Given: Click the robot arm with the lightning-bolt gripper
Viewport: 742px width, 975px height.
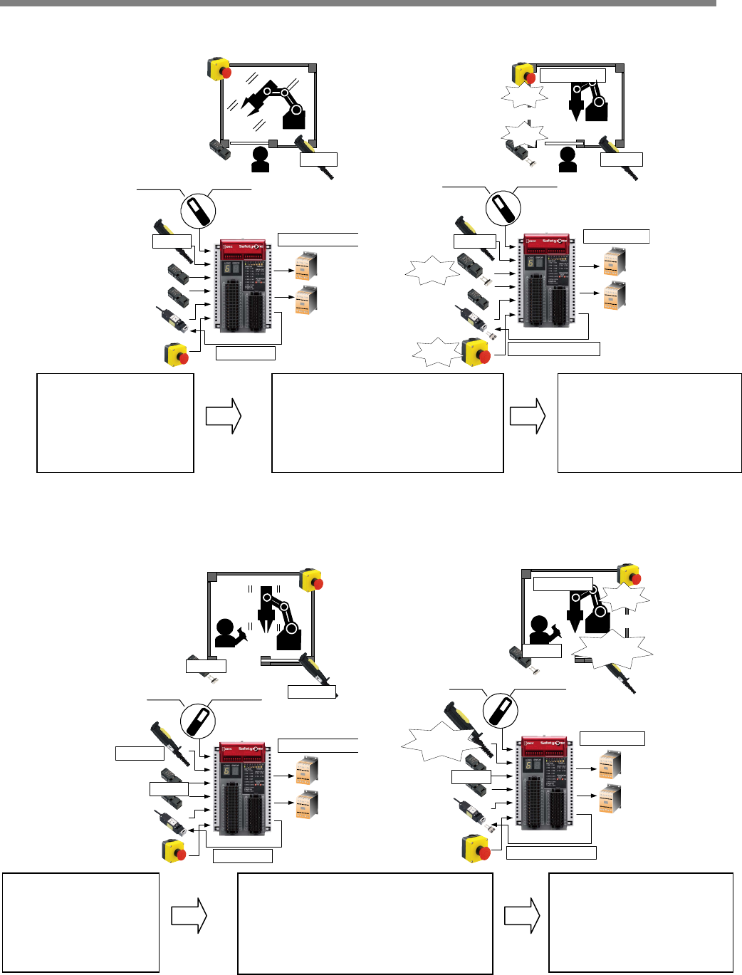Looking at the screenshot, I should (x=278, y=103).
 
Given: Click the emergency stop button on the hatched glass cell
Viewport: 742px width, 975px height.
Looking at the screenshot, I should (x=219, y=69).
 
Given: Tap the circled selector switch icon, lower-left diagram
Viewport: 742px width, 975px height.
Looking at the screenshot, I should (x=197, y=719).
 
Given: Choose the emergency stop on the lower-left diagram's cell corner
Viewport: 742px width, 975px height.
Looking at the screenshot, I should (x=311, y=580).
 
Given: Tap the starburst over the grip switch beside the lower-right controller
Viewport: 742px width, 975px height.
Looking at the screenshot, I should (x=436, y=742).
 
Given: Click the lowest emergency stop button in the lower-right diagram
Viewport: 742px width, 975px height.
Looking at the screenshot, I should (x=475, y=847).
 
